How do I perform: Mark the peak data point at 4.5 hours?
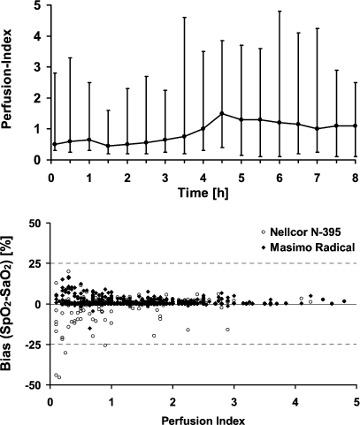[222, 113]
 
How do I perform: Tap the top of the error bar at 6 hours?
[280, 11]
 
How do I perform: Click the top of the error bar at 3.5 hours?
[184, 18]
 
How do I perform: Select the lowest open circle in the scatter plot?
[59, 377]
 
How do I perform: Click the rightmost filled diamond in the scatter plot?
[345, 301]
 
